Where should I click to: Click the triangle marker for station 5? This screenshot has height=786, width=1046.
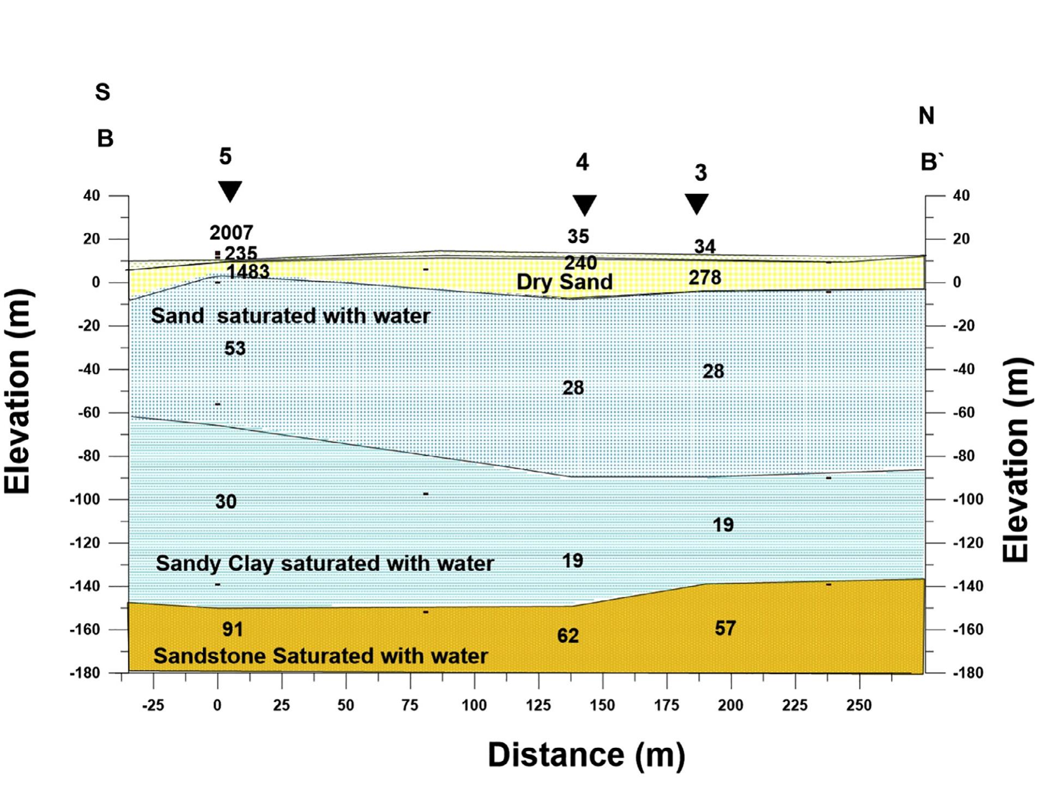(x=230, y=190)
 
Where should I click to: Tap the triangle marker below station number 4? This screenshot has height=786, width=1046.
(x=584, y=205)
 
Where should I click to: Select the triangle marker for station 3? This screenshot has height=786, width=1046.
(x=697, y=204)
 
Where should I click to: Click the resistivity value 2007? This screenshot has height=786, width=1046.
(x=231, y=233)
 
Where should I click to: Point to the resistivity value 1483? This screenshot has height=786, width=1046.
(x=248, y=271)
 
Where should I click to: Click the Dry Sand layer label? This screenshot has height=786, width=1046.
(x=564, y=282)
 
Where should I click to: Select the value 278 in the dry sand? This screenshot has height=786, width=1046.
(x=704, y=277)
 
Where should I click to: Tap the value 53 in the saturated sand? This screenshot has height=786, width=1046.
(x=235, y=348)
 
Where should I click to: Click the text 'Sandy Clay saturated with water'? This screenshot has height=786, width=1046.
(x=325, y=563)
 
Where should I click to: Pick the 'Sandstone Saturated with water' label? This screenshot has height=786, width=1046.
(x=320, y=656)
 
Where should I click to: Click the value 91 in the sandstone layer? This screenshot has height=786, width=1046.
(x=232, y=629)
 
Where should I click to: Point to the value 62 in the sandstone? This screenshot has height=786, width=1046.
(x=567, y=635)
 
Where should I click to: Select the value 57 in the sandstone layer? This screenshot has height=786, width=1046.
(x=725, y=628)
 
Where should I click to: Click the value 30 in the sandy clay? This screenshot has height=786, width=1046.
(x=226, y=501)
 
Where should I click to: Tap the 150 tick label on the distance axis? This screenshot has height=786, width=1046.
(x=602, y=705)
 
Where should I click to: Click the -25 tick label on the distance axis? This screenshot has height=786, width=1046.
(x=153, y=705)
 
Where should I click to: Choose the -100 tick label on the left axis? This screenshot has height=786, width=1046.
(x=85, y=499)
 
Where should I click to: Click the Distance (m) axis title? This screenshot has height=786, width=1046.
(x=586, y=755)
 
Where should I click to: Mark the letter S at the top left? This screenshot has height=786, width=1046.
(x=103, y=92)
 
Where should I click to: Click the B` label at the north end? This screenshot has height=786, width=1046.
(x=931, y=162)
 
